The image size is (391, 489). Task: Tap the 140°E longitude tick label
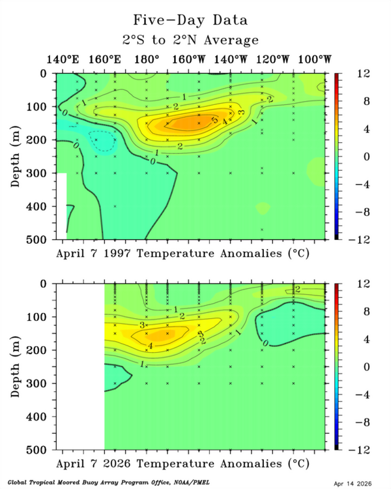point(63,59)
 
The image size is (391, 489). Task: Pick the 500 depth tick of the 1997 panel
point(41,239)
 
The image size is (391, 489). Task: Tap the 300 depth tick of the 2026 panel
point(41,383)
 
